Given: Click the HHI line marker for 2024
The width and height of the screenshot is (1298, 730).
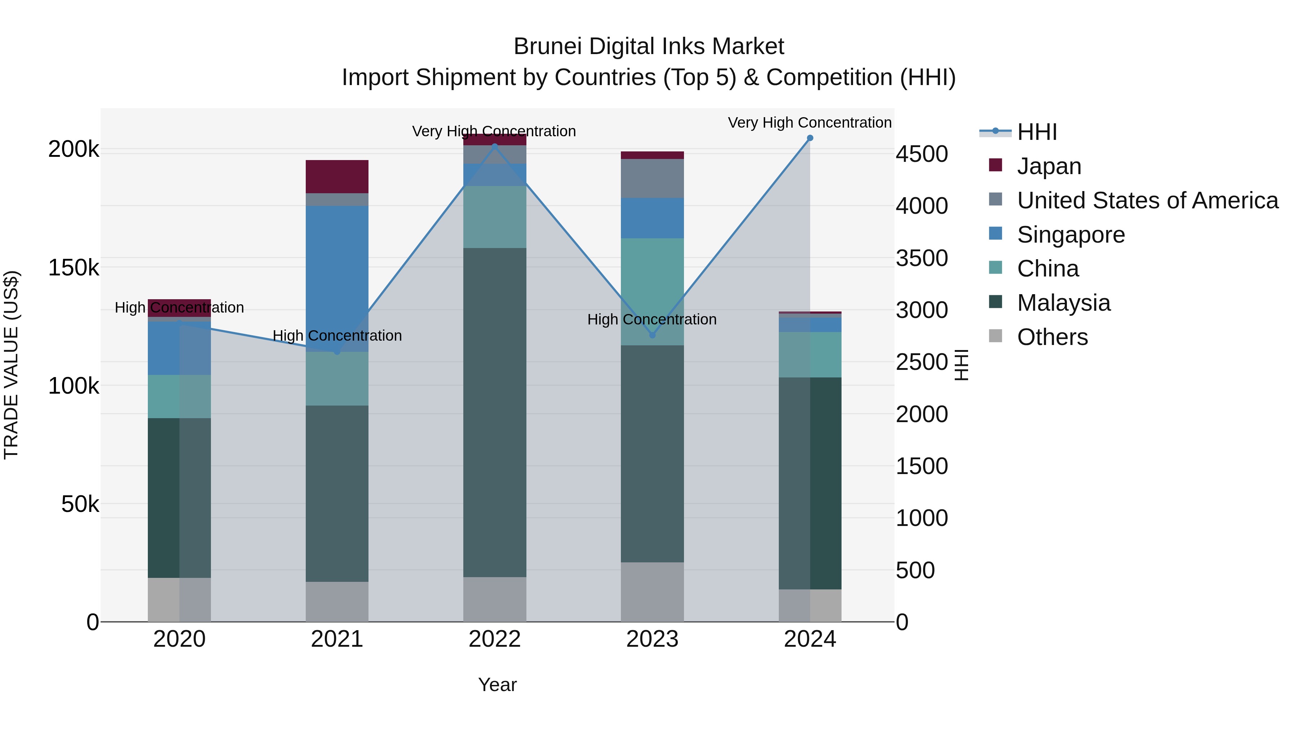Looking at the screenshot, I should pyautogui.click(x=810, y=138).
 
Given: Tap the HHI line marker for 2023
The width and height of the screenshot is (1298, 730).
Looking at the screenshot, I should pyautogui.click(x=652, y=335).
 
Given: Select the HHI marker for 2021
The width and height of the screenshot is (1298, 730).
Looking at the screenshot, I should pyautogui.click(x=337, y=351).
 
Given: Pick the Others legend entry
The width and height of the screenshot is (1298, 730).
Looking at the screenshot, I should pyautogui.click(x=1052, y=337).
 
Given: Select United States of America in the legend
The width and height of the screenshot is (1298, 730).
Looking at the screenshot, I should pyautogui.click(x=1147, y=200).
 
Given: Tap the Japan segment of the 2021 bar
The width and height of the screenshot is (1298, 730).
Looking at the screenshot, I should pyautogui.click(x=337, y=176).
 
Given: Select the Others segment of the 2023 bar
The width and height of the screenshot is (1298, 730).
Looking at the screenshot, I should pyautogui.click(x=652, y=592).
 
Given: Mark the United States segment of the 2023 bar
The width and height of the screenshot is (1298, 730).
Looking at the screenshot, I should pyautogui.click(x=652, y=178).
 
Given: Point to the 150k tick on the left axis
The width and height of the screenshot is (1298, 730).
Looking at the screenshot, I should pyautogui.click(x=74, y=267).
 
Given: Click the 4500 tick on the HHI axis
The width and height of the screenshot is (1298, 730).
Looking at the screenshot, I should pyautogui.click(x=922, y=154).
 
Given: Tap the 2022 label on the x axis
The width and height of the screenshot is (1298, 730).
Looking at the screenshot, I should pyautogui.click(x=494, y=639).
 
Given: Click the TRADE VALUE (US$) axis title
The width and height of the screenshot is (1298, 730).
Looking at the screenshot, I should pyautogui.click(x=11, y=365).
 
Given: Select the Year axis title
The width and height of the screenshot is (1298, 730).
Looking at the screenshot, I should pyautogui.click(x=497, y=685).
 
